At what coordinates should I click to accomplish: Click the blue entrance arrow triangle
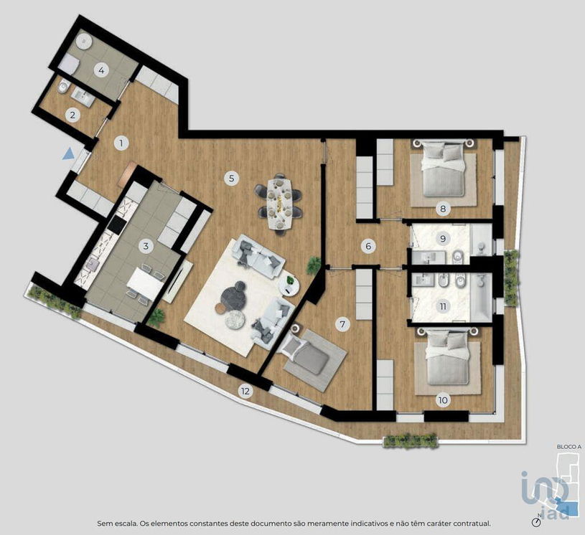[x=68, y=153]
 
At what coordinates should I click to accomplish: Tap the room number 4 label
[x=101, y=70]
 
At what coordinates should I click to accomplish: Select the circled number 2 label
[x=72, y=115]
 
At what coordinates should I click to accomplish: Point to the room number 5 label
[x=231, y=178]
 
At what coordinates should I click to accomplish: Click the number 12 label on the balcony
[x=245, y=391]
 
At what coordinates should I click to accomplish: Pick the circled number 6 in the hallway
[x=368, y=246]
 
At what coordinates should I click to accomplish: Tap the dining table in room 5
[x=279, y=204]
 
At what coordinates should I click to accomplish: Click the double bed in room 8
[x=443, y=168]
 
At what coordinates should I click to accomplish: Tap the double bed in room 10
[x=447, y=356]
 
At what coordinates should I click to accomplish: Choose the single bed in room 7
[x=305, y=352]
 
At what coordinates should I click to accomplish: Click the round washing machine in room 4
[x=84, y=40]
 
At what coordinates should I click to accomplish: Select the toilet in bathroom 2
[x=63, y=87]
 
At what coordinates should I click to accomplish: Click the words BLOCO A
[x=569, y=447]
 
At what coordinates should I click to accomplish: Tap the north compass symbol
[x=537, y=522]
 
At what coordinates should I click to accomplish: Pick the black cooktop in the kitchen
[x=116, y=224]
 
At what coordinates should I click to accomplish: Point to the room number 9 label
[x=443, y=238]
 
